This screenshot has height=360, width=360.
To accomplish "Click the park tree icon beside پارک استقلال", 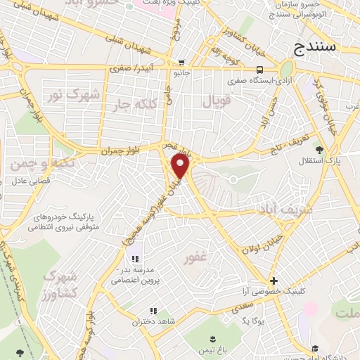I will click(319, 149).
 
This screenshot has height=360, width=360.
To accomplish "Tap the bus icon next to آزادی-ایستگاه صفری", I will click(260, 70).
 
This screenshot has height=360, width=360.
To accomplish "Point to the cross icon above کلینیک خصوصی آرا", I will click(274, 280).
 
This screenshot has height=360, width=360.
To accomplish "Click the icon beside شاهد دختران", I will click(153, 311).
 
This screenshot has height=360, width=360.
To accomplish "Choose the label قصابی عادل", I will click(27, 179).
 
